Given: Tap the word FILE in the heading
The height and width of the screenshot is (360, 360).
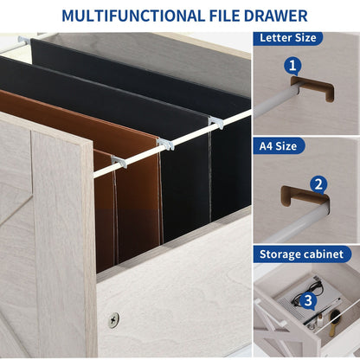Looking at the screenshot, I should (213, 15).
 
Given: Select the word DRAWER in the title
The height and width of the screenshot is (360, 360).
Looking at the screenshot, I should (272, 15).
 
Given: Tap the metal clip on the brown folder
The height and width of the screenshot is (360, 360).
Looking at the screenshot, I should (118, 162).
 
